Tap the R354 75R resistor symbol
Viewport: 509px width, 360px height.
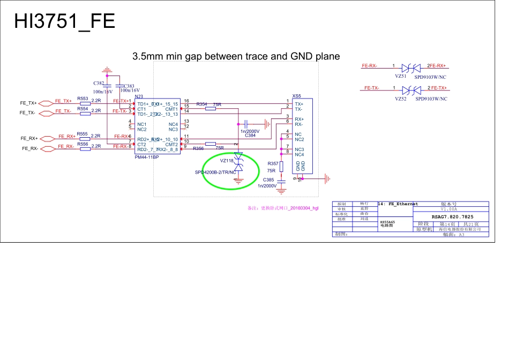[211, 109]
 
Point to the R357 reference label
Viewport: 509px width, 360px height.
[272, 163]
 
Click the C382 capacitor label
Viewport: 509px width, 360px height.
[99, 84]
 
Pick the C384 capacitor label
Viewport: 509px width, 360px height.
[250, 136]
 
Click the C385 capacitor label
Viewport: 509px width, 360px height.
[268, 179]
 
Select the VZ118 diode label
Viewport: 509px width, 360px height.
[227, 160]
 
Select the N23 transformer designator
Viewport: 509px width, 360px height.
[138, 97]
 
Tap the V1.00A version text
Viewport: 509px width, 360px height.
[449, 209]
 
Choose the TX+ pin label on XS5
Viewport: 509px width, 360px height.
[299, 103]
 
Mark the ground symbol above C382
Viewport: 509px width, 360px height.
[107, 70]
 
